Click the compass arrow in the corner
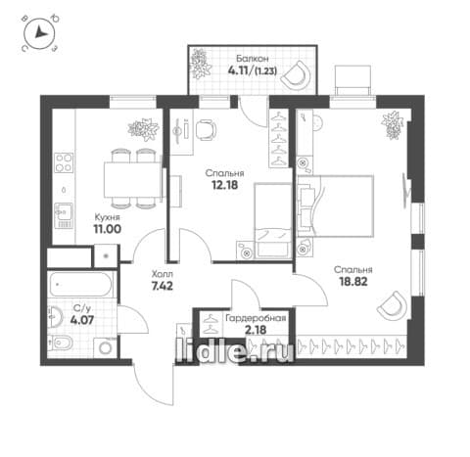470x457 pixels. click(x=41, y=32)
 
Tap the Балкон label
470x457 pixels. click(x=253, y=59)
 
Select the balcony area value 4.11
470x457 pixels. click(x=239, y=70)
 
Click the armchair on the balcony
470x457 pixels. click(x=296, y=74)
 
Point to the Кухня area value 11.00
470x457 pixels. click(x=107, y=229)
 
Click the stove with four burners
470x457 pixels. click(x=64, y=162)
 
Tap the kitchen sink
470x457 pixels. click(x=64, y=215)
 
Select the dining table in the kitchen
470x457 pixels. click(x=133, y=180)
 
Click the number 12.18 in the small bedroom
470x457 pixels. click(x=224, y=185)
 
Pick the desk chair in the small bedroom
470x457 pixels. click(x=207, y=130)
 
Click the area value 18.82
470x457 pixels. click(x=353, y=281)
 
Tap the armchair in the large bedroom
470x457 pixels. click(x=392, y=306)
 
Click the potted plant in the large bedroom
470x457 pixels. click(x=393, y=125)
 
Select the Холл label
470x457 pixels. click(x=163, y=274)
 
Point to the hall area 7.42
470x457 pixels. click(x=163, y=286)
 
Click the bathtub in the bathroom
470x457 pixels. click(x=81, y=285)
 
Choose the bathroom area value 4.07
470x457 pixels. click(x=82, y=320)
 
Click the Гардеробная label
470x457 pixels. click(x=256, y=318)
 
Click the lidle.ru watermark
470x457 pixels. click(x=234, y=351)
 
